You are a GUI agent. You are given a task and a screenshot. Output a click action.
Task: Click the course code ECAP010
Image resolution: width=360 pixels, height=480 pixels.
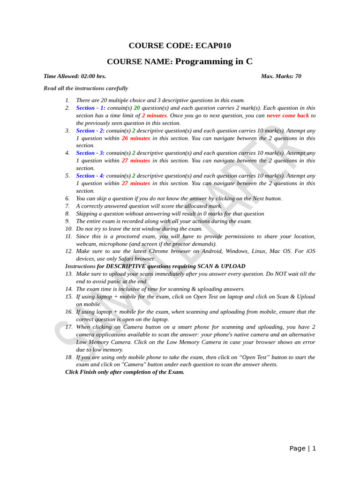(212, 45)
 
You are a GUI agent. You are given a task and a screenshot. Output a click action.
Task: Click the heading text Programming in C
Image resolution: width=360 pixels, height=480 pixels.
(214, 61)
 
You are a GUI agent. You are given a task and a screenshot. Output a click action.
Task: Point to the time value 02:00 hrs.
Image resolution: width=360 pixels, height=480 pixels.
(93, 76)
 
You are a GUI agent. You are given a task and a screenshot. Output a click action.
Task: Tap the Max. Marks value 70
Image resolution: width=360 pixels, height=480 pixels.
(298, 76)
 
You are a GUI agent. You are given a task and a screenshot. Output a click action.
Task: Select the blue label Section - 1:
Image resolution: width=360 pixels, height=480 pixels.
(90, 108)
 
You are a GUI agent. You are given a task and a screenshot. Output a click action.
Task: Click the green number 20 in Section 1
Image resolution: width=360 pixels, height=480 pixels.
(137, 108)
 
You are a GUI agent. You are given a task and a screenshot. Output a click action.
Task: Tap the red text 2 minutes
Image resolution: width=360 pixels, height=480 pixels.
(154, 115)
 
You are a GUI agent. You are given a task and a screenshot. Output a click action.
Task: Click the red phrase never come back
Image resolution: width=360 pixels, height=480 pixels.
(288, 115)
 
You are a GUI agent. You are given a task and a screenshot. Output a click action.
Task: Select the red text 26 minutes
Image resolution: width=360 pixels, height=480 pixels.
(136, 138)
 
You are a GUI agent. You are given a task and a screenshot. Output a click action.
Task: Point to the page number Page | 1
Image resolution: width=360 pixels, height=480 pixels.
(302, 448)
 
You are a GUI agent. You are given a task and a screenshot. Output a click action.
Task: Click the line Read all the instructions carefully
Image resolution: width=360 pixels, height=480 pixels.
(86, 88)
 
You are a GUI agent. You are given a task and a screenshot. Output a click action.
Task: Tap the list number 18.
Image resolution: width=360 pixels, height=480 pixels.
(68, 357)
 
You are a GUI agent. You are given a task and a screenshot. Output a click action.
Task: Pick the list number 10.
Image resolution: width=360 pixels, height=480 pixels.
(68, 229)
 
